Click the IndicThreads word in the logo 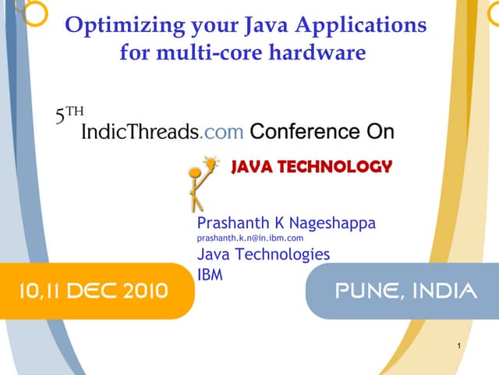pyautogui.click(x=140, y=131)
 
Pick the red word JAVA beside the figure pyautogui.click(x=251, y=166)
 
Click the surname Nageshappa pyautogui.click(x=331, y=223)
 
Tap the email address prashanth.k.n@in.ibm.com pyautogui.click(x=249, y=237)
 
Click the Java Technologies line pyautogui.click(x=263, y=254)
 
